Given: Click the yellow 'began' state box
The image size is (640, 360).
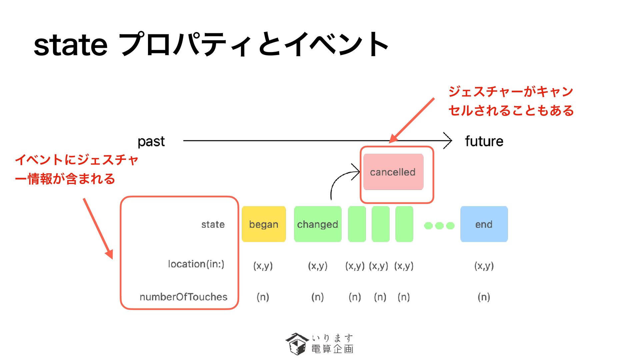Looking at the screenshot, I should (x=264, y=224).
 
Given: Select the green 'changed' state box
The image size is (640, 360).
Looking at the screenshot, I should (x=317, y=224).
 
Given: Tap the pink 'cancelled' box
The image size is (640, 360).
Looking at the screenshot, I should (x=393, y=172).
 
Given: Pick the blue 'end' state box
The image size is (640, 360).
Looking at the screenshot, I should (x=484, y=224).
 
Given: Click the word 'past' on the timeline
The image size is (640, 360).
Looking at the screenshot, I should (x=151, y=141).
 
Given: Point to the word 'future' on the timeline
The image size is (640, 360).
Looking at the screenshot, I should (x=484, y=141).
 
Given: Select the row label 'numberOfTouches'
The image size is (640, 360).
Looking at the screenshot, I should (x=183, y=297).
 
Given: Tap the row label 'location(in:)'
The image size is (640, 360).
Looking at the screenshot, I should (x=196, y=264).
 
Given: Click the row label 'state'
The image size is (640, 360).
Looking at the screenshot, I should (x=213, y=224).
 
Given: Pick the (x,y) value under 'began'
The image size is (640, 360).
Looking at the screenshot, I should (x=263, y=266).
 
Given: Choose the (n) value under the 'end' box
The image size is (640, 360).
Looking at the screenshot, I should (x=484, y=297).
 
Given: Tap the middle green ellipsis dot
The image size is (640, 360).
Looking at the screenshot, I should (x=439, y=226).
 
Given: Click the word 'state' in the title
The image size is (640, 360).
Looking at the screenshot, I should (x=70, y=45).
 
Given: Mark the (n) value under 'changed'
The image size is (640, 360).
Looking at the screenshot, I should (x=317, y=297).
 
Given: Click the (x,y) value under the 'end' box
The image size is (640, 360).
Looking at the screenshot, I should (x=484, y=266).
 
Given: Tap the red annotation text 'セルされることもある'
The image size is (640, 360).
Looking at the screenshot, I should (x=511, y=110).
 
